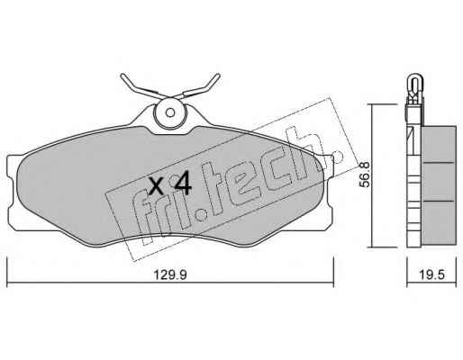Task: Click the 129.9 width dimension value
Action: pos(170,274)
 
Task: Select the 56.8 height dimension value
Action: pos(365,175)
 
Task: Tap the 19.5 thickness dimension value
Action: pos(431,274)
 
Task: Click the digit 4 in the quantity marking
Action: pos(183,184)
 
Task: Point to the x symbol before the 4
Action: pos(157,185)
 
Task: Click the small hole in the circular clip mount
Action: pos(170,112)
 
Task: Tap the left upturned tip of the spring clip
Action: pos(123,76)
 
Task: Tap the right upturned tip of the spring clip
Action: pos(218,76)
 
